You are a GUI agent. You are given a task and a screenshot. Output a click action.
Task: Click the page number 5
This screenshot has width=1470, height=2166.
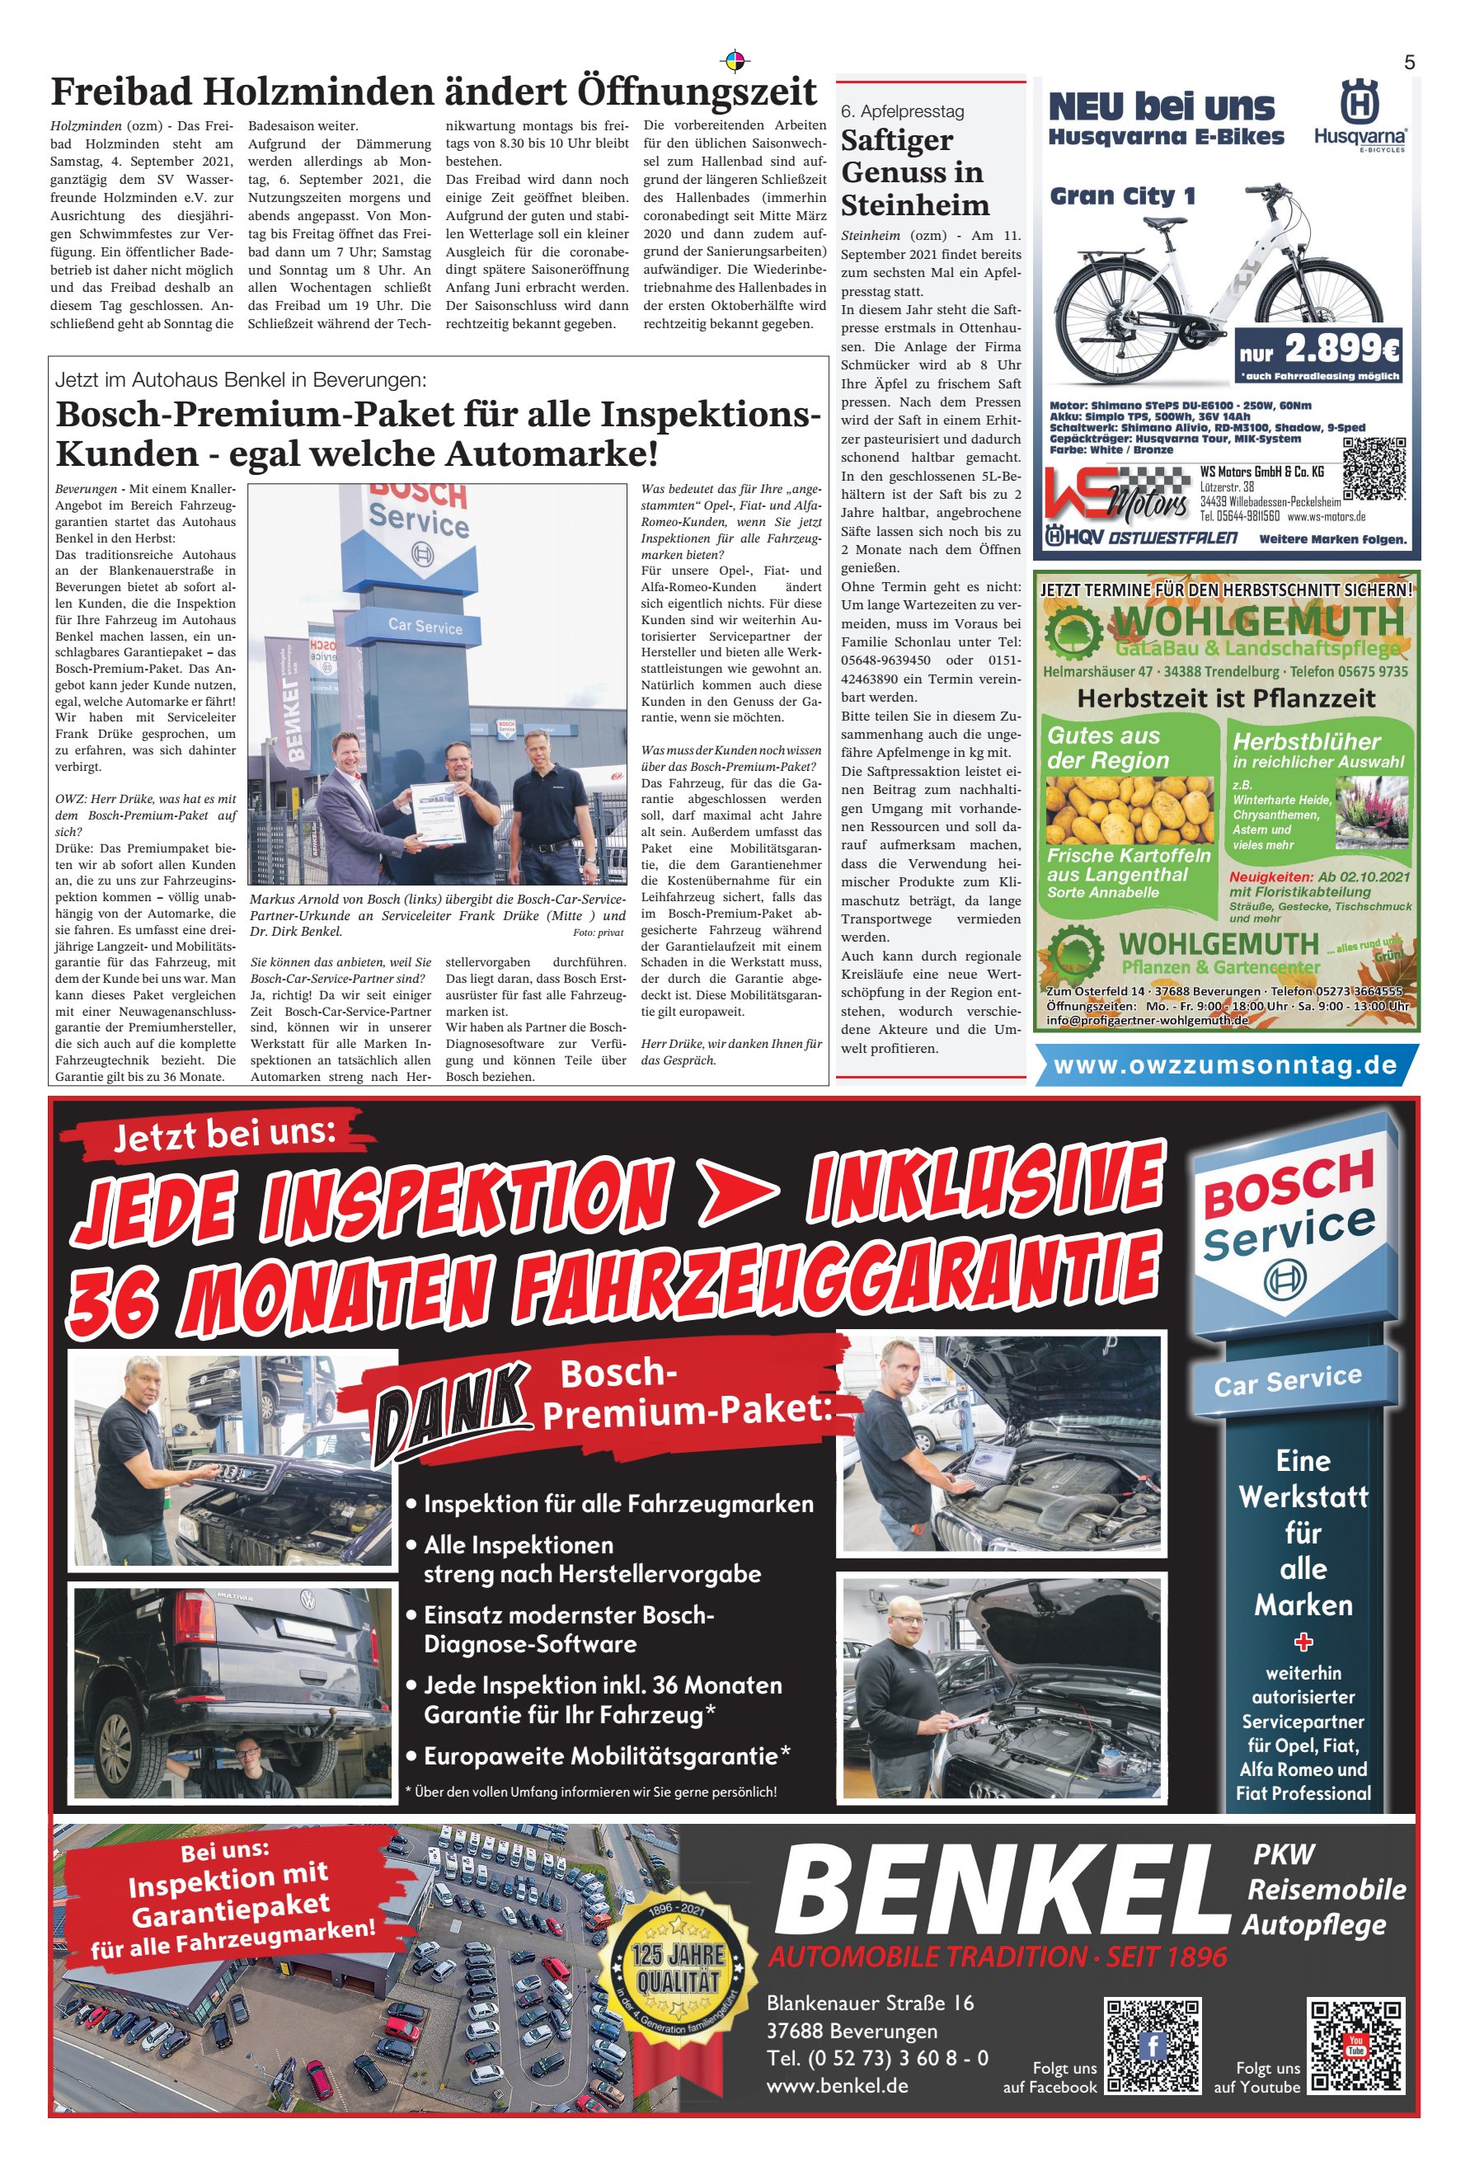click(1408, 63)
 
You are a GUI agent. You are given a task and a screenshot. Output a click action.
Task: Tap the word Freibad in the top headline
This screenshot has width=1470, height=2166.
click(122, 93)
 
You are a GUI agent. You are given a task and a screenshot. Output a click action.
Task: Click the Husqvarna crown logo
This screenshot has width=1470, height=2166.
click(1358, 101)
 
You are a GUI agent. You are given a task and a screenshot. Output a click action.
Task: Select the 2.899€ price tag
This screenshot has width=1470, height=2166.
click(1320, 350)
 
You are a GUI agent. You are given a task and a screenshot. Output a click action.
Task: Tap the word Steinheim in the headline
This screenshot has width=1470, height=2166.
click(914, 205)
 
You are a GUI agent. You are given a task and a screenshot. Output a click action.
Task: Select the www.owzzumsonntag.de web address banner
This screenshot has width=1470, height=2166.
click(1225, 1065)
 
